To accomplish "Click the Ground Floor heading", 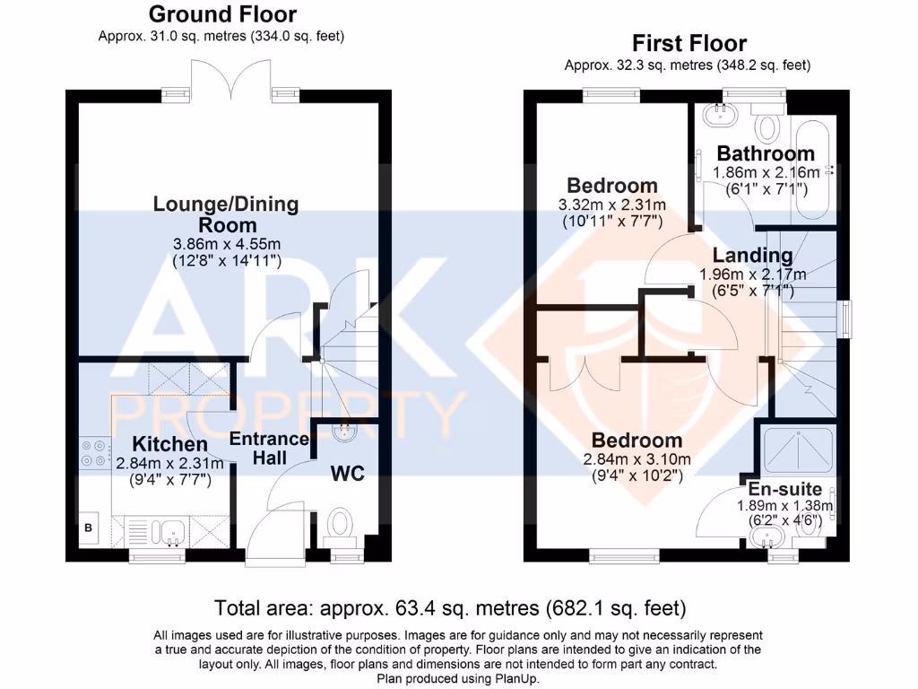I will pos(221,14).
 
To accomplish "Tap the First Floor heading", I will pos(688,43).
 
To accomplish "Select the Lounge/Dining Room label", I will pos(225,214).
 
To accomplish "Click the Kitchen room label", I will pos(169,444).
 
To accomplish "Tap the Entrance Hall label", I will pos(269,449).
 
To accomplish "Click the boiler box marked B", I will pos(88,528).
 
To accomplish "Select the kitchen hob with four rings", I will pos(93,452).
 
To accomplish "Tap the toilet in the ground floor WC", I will pos(342,525).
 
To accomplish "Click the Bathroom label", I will pos(766,153).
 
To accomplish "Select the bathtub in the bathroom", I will pos(814,168).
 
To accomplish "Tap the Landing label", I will pos(746,256).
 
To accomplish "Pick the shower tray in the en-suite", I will pos(797,449).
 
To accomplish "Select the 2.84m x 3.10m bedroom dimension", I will pos(637,459).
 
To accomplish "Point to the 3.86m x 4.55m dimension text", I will pos(226,244).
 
